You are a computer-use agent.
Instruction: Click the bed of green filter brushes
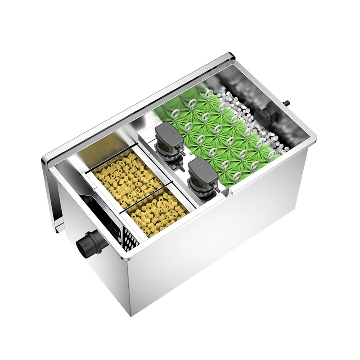point(216,130)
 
